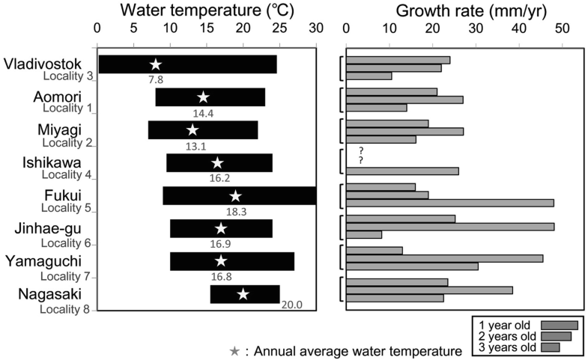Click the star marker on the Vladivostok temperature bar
pos(156,64)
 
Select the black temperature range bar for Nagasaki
pos(245,294)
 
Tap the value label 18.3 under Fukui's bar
pos(236,212)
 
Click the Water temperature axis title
pos(206,10)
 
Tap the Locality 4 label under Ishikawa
pos(67,175)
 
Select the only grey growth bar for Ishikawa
pos(402,171)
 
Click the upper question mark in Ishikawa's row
pos(361,150)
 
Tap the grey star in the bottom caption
pos(235,350)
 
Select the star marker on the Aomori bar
pos(203,97)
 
